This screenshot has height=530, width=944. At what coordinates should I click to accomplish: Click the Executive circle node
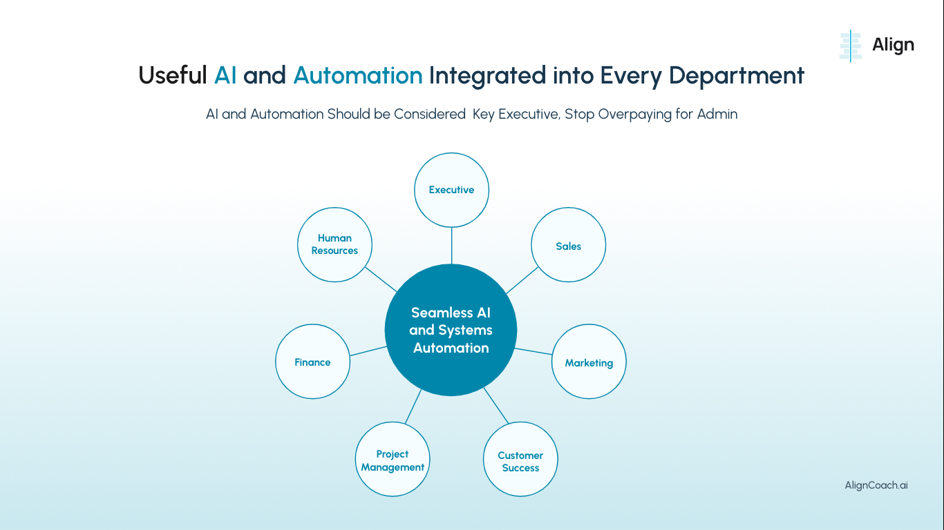[x=451, y=190]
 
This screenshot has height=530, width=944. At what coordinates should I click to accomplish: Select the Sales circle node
[x=568, y=245]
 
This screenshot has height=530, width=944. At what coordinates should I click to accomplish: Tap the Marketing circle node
[x=588, y=362]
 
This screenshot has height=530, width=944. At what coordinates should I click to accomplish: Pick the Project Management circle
[x=393, y=460]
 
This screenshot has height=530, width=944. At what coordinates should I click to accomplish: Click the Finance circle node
[x=312, y=362]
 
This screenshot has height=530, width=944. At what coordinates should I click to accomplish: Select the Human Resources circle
[x=334, y=244]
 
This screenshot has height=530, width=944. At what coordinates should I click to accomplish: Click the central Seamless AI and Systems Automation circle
[x=451, y=330]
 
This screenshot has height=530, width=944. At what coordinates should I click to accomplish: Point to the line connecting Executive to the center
[x=451, y=245]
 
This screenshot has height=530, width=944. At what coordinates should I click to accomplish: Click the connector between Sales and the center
[x=522, y=280]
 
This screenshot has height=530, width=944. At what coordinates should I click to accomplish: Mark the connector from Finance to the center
[x=368, y=351]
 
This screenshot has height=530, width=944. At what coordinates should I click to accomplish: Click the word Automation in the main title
[x=357, y=75]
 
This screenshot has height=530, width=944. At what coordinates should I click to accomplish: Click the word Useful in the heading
[x=173, y=75]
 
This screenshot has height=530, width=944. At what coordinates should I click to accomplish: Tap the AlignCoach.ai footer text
[x=876, y=485]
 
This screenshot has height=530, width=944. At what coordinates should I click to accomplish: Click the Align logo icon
[x=851, y=46]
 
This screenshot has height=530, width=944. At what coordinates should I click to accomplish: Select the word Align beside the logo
[x=893, y=46]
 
